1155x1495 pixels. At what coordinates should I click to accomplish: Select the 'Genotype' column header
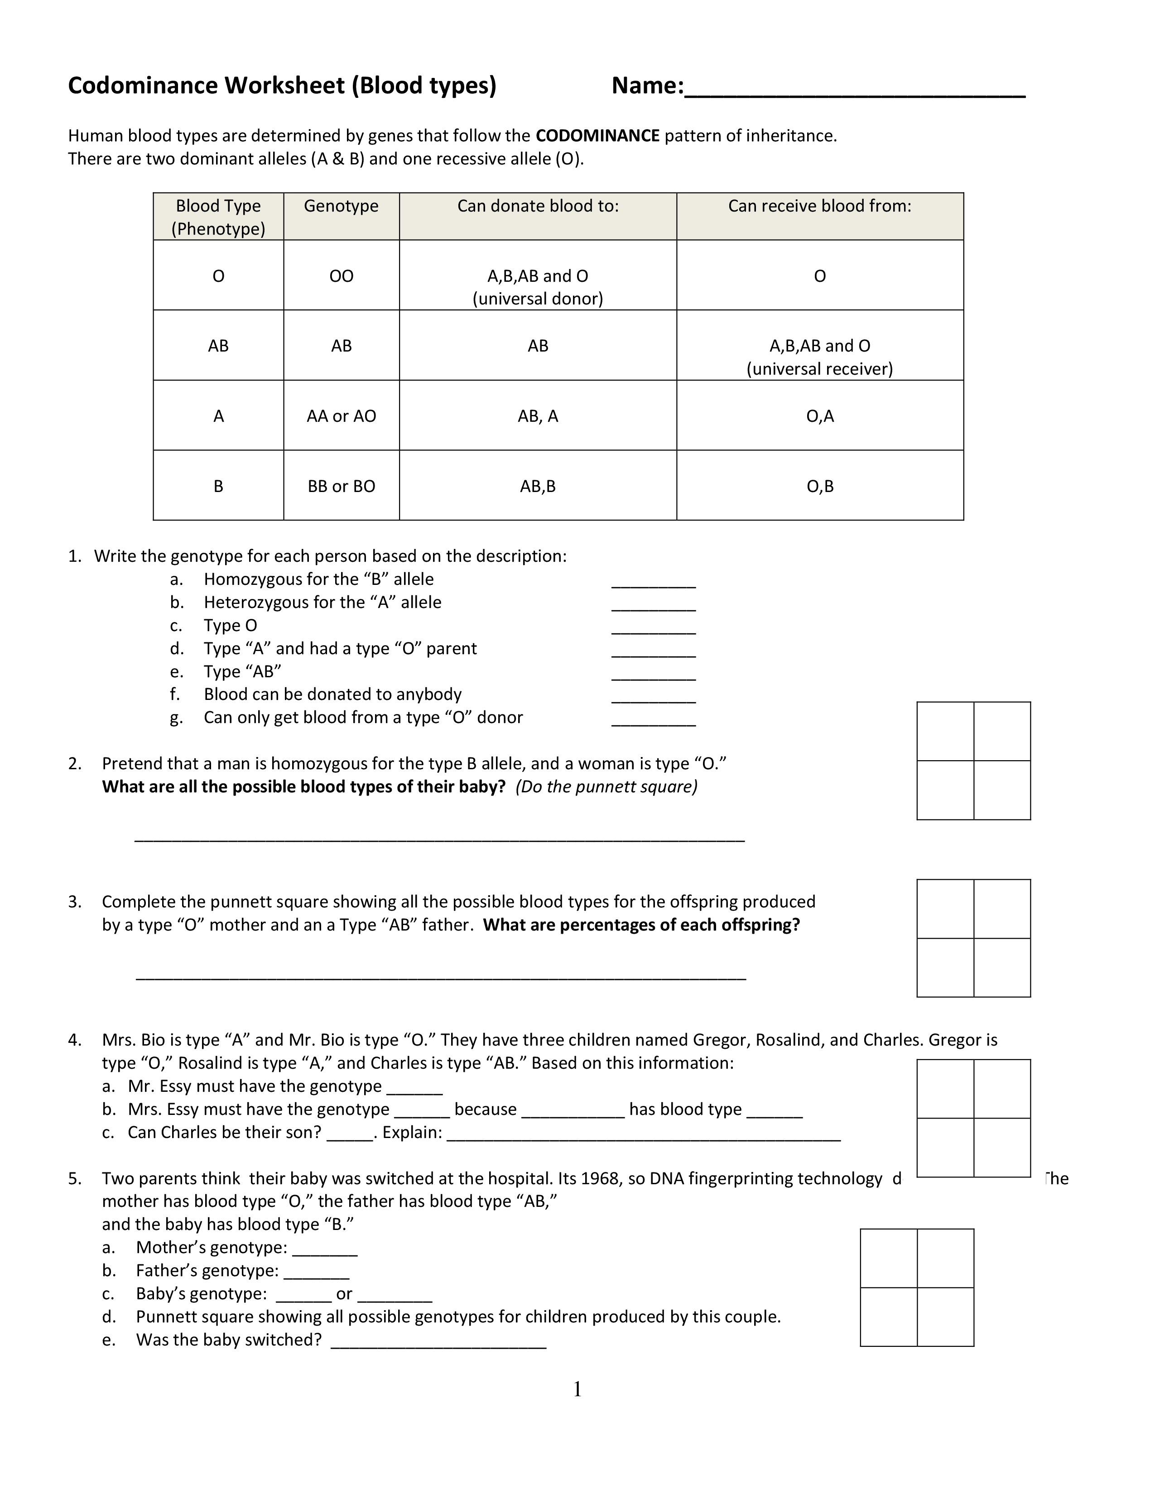pyautogui.click(x=341, y=206)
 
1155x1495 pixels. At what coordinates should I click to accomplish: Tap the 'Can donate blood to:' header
pyautogui.click(x=538, y=206)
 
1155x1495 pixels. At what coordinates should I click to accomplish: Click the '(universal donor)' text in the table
pyautogui.click(x=538, y=299)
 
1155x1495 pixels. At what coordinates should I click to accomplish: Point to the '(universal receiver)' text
pyautogui.click(x=820, y=369)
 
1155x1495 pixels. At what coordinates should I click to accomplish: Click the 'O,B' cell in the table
pyautogui.click(x=820, y=486)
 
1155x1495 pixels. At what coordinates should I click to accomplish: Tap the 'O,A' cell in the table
pyautogui.click(x=820, y=416)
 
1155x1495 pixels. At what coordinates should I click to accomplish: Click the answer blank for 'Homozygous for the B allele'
pyautogui.click(x=654, y=583)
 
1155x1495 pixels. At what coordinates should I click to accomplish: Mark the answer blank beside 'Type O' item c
pyautogui.click(x=654, y=630)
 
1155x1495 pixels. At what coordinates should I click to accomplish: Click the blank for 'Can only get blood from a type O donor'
pyautogui.click(x=654, y=722)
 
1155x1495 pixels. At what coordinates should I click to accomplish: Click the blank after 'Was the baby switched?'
pyautogui.click(x=438, y=1344)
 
